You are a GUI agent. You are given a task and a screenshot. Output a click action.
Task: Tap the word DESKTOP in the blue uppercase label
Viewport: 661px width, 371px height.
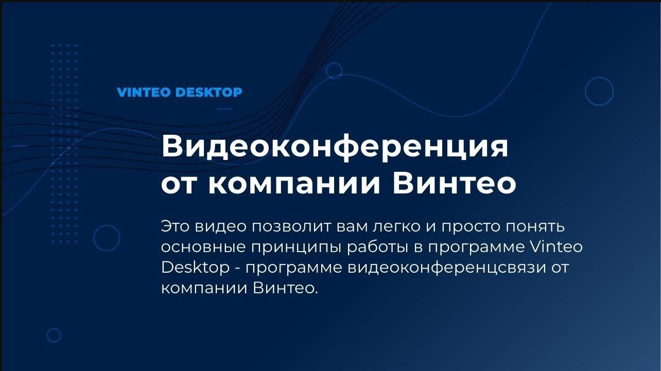tap(208, 93)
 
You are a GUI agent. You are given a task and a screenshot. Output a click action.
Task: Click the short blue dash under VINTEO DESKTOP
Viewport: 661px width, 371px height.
tap(224, 109)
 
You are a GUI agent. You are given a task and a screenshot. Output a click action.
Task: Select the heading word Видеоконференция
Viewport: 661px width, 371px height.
tap(335, 148)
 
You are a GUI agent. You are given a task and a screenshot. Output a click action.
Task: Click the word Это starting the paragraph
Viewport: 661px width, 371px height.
tap(177, 226)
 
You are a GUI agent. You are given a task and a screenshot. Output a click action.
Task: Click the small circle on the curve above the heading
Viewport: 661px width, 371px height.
tap(334, 70)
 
